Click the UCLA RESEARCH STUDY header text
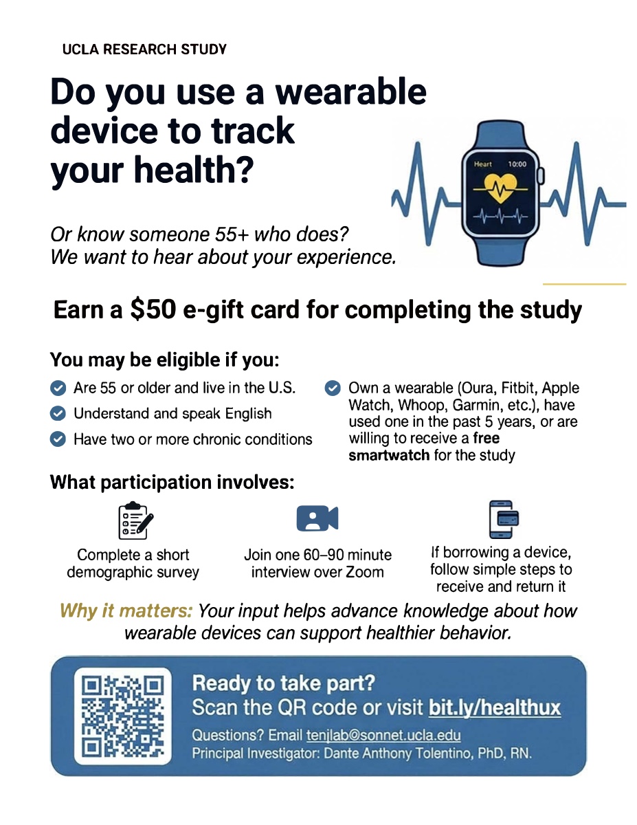click(144, 49)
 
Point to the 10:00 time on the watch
click(517, 164)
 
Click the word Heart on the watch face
click(482, 164)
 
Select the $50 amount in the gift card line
click(153, 309)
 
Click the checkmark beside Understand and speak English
click(58, 413)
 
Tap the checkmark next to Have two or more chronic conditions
click(58, 439)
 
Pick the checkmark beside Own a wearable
click(333, 388)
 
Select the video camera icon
click(317, 518)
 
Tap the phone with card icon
click(504, 519)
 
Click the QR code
click(122, 716)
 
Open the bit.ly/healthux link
click(494, 707)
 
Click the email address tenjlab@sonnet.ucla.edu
click(383, 736)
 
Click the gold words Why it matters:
click(126, 611)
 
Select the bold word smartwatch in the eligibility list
click(389, 455)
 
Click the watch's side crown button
click(541, 176)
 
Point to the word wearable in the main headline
click(350, 92)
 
